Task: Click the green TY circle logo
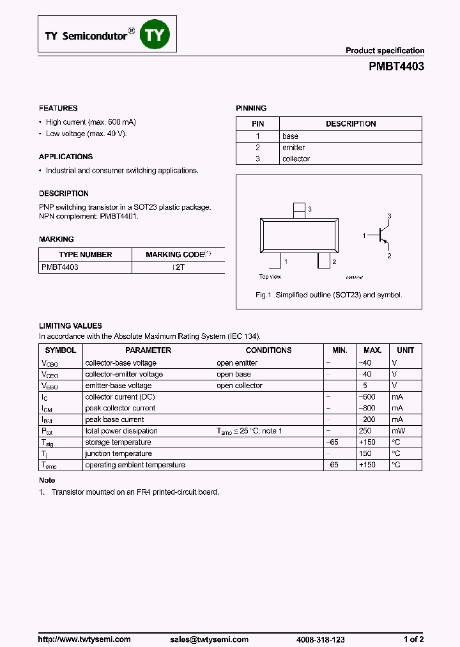tap(155, 35)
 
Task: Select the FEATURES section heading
tap(58, 109)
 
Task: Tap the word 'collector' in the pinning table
tap(296, 159)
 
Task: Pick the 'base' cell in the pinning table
tap(290, 136)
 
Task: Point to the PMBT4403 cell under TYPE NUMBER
tap(59, 267)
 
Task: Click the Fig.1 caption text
tap(328, 295)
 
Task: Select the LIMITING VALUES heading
tap(70, 326)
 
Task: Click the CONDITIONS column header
tap(268, 350)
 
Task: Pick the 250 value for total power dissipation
tap(367, 432)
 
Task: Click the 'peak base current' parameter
tap(114, 420)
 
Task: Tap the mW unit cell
tap(397, 432)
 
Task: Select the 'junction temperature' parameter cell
tap(118, 454)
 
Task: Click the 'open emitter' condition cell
tap(237, 363)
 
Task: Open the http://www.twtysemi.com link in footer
tap(84, 621)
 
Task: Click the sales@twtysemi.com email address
tap(210, 621)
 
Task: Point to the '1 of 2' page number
tap(413, 621)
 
